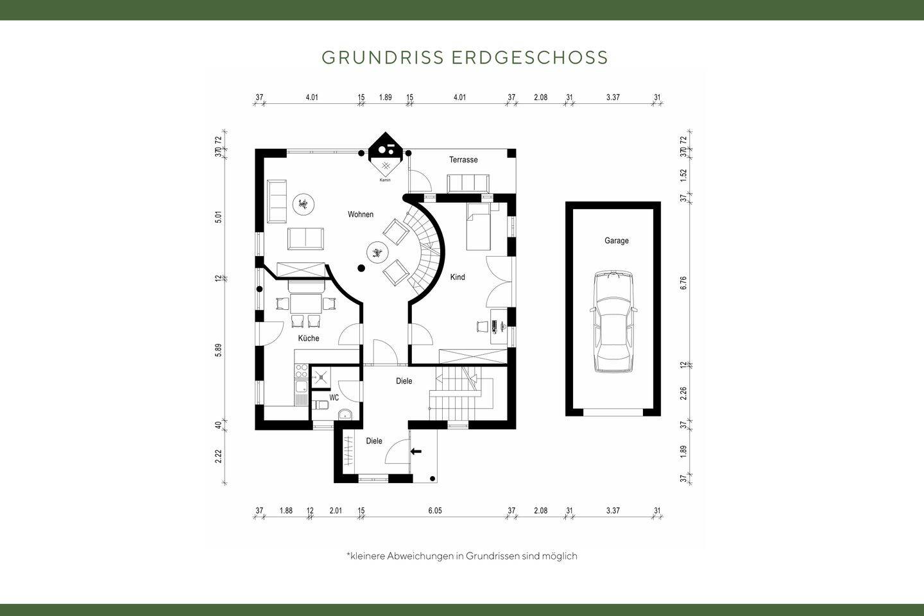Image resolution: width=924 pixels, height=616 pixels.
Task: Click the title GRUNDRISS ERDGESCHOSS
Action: pyautogui.click(x=465, y=57)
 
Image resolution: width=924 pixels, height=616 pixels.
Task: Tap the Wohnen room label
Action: pyautogui.click(x=361, y=214)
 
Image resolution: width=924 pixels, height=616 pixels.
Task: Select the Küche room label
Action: pyautogui.click(x=308, y=338)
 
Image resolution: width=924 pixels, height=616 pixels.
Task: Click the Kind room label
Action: pyautogui.click(x=458, y=277)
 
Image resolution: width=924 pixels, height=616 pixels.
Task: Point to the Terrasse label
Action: pyautogui.click(x=463, y=160)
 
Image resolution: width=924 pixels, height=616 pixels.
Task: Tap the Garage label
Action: pyautogui.click(x=616, y=241)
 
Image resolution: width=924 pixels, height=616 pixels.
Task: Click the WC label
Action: pyautogui.click(x=334, y=398)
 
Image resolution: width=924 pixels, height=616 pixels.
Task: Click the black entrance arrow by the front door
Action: pyautogui.click(x=416, y=451)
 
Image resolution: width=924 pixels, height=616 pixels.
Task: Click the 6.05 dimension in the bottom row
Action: pyautogui.click(x=435, y=511)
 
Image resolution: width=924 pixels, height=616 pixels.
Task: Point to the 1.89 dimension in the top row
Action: pyautogui.click(x=385, y=98)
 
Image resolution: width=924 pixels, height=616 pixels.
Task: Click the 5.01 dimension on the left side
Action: pyautogui.click(x=218, y=217)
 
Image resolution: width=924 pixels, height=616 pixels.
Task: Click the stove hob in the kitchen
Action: pyautogui.click(x=300, y=370)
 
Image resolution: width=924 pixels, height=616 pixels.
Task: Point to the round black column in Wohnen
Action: pyautogui.click(x=361, y=268)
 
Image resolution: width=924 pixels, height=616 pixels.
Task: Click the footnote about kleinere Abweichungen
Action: pyautogui.click(x=461, y=556)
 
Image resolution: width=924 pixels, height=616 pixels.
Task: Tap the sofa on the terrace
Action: pyautogui.click(x=468, y=183)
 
